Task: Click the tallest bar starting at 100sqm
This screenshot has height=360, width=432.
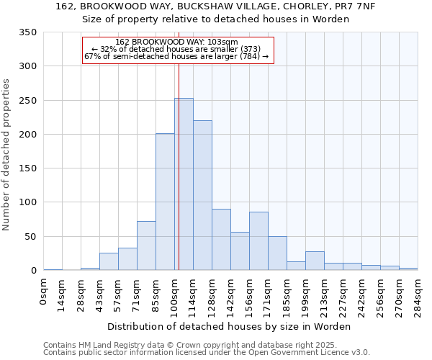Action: [x=184, y=184]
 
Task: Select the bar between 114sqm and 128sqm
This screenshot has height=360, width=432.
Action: [x=202, y=196]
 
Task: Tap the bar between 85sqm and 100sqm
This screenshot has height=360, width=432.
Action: [x=165, y=202]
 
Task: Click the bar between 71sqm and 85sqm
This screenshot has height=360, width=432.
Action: [x=146, y=246]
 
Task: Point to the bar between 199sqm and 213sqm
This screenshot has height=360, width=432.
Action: [x=315, y=261]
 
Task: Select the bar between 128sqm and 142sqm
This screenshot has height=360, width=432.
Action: [x=221, y=240]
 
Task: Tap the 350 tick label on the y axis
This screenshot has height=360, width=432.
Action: [x=27, y=32]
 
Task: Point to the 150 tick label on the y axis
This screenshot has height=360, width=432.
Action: [x=27, y=168]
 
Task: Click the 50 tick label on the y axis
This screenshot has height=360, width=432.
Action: [x=30, y=236]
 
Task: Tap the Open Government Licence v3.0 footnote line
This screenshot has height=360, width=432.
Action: [x=207, y=353]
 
